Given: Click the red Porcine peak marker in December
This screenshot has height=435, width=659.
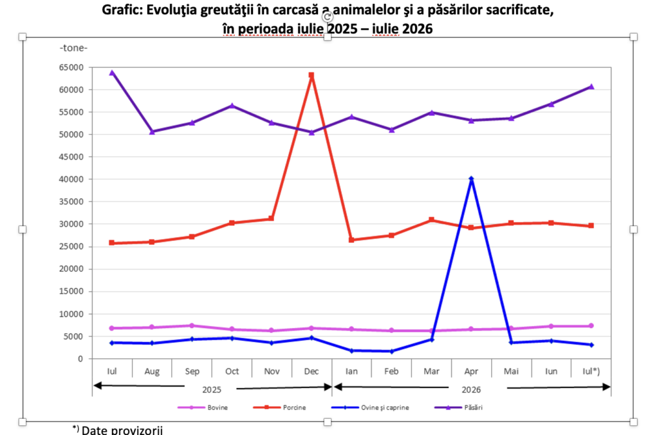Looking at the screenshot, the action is (x=311, y=75).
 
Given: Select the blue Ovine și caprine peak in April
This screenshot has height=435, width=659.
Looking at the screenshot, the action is (x=472, y=179).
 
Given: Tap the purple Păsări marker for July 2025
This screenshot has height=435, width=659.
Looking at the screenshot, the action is (x=112, y=73).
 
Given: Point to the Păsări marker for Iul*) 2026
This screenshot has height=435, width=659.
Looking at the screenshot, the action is (x=591, y=86).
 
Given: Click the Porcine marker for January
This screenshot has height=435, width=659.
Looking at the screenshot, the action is (x=351, y=240).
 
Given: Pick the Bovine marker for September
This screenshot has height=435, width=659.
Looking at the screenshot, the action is (x=192, y=325).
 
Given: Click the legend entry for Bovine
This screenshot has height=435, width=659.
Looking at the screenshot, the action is (x=203, y=407).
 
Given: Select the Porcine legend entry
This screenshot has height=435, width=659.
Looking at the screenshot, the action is (x=279, y=407).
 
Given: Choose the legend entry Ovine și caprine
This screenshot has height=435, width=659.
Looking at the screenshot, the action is (x=370, y=407).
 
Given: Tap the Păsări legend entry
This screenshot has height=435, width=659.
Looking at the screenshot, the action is (x=458, y=407).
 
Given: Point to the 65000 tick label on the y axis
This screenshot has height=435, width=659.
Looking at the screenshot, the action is (x=71, y=67).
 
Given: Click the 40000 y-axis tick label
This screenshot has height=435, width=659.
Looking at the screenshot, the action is (x=71, y=179).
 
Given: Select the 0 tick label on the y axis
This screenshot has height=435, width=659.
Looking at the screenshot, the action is (x=80, y=359).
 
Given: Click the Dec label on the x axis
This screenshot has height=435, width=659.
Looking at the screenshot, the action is (x=311, y=371).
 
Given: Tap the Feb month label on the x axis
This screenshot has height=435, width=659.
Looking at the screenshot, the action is (x=391, y=371).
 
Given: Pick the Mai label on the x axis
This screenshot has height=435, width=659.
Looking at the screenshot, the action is (x=511, y=371).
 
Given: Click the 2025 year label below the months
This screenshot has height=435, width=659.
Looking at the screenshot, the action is (x=211, y=389).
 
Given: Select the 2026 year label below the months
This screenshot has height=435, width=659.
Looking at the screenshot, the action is (x=471, y=389).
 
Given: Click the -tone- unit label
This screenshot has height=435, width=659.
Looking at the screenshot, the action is (x=73, y=48).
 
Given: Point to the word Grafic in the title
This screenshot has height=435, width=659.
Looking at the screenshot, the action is (x=122, y=10).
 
